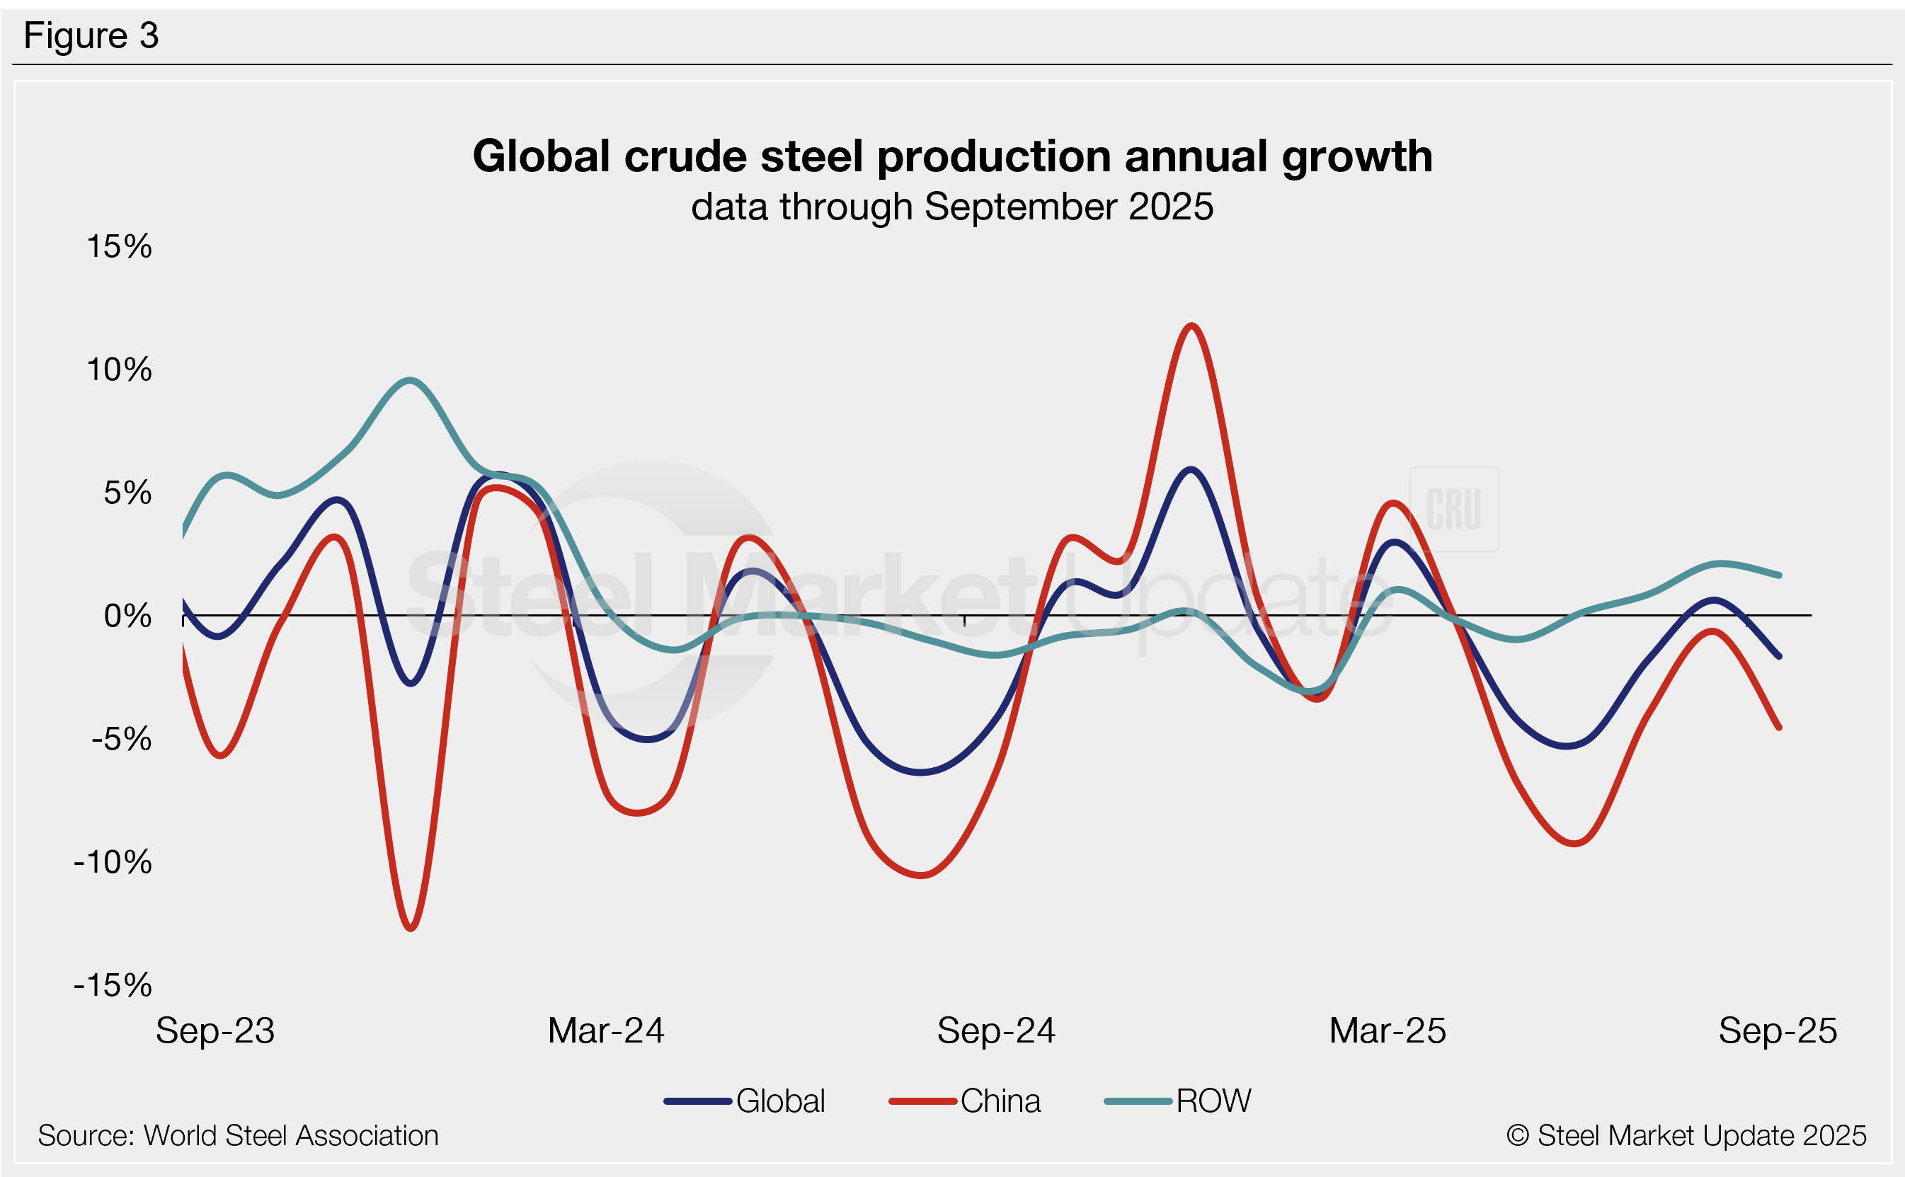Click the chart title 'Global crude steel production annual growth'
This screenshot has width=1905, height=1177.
[x=952, y=156]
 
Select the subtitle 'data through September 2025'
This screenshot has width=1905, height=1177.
[x=952, y=207]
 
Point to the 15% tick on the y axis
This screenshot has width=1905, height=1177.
[x=119, y=247]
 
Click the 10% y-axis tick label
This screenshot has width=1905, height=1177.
[x=119, y=369]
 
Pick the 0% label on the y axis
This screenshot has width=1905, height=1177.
[x=127, y=616]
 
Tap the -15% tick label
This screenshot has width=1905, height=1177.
[x=113, y=985]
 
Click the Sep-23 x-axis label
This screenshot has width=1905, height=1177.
[x=215, y=1030]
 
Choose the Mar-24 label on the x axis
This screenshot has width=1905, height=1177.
[x=606, y=1030]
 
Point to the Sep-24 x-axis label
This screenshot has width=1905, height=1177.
[x=996, y=1030]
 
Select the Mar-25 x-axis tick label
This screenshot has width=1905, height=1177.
[x=1388, y=1030]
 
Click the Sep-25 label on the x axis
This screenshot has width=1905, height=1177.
[x=1778, y=1030]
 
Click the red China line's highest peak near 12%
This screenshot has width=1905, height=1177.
[x=1191, y=326]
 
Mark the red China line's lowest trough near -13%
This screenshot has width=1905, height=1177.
[x=411, y=928]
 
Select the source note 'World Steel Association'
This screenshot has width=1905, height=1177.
[x=239, y=1136]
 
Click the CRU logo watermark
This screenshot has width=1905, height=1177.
[x=1453, y=510]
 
